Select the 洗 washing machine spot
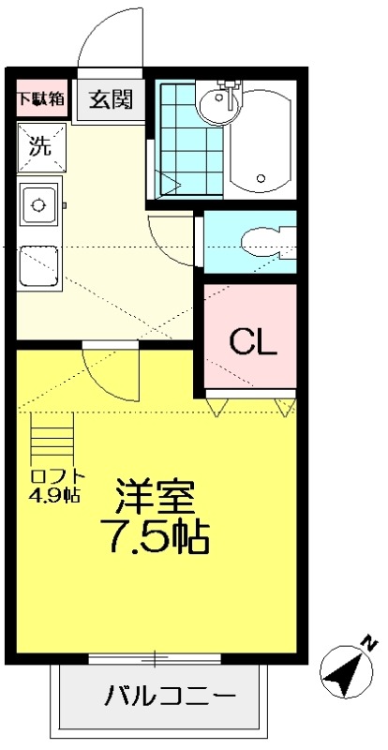pos(40,146)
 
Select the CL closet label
pos(253,343)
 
